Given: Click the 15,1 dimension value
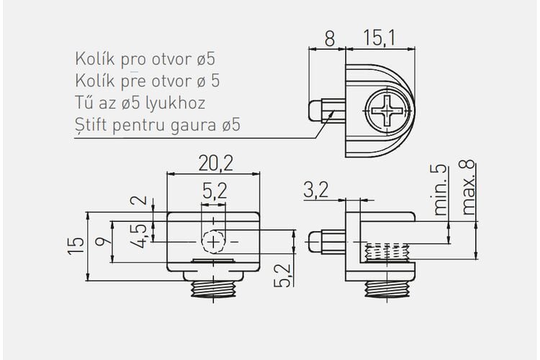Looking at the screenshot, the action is (379, 38).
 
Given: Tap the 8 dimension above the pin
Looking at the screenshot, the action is (330, 38).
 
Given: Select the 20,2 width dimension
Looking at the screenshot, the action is (215, 163).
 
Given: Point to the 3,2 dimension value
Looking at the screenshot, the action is (316, 190).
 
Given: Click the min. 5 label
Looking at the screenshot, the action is (439, 190).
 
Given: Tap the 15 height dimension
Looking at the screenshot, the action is (76, 246).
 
